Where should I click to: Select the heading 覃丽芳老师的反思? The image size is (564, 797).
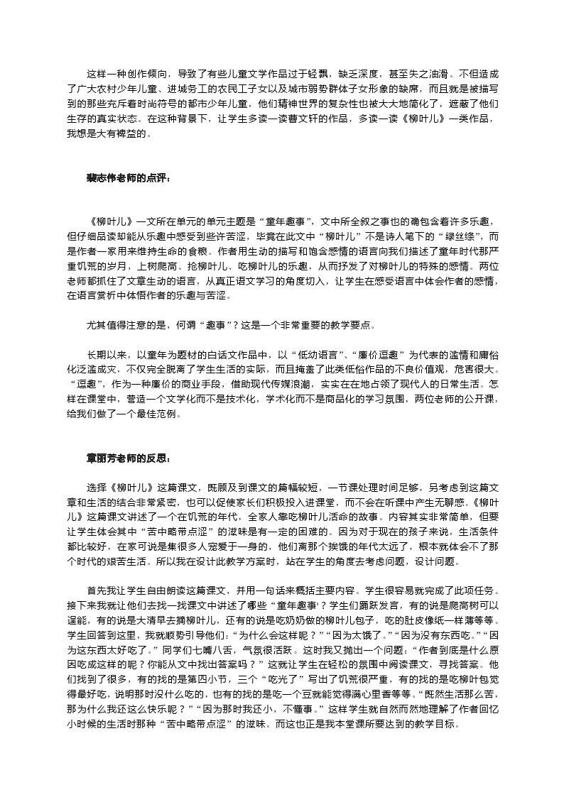click(129, 458)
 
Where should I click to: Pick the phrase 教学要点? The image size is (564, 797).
click(349, 326)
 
